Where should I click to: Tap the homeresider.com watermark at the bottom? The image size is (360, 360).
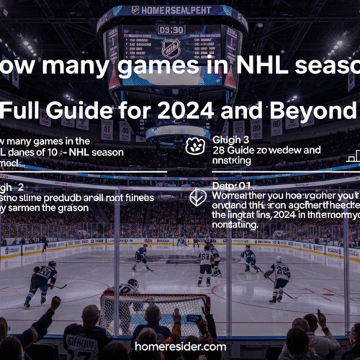[179, 346]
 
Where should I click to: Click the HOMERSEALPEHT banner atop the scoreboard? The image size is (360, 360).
[171, 10]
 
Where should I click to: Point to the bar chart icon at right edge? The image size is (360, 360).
[354, 156]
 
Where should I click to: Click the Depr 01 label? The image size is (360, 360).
[226, 185]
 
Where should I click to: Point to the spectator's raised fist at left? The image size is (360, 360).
[55, 303]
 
